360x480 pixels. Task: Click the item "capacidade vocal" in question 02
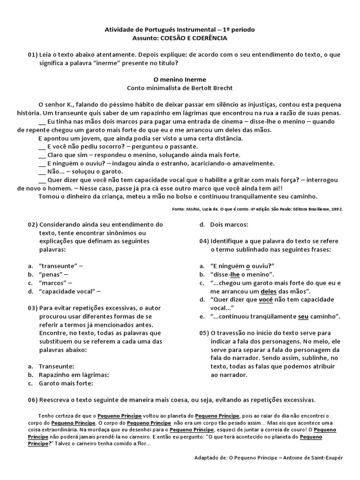tap(68, 291)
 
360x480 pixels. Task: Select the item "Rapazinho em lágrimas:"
tap(74, 375)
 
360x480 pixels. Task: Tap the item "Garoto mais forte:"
tap(66, 383)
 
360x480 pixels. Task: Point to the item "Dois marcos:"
tap(229, 225)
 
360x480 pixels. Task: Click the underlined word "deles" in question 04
tap(269, 291)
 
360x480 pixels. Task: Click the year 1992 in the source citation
tap(337, 209)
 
